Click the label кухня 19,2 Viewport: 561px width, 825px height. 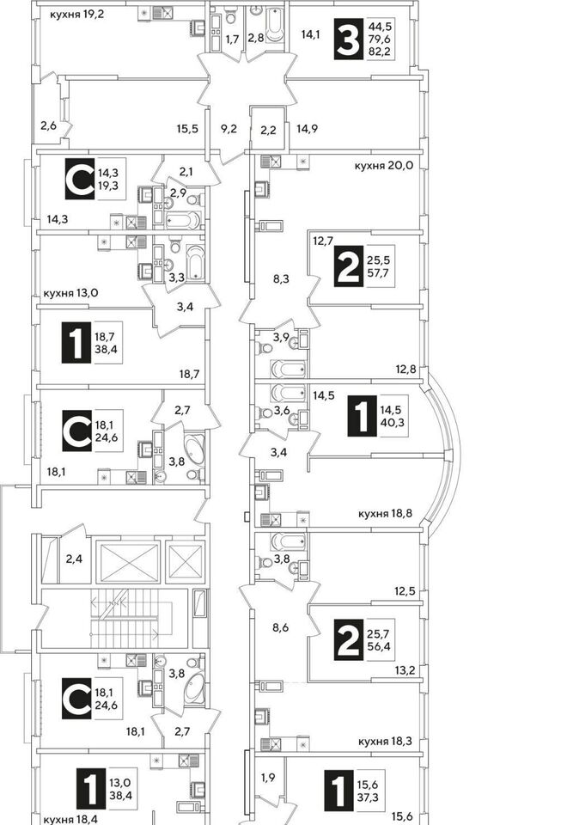click(x=76, y=15)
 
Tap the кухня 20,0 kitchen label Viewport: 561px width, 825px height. click(x=384, y=166)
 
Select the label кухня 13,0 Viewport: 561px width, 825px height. click(x=71, y=293)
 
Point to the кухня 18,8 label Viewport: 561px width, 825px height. click(x=385, y=513)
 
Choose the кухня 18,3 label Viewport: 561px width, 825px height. click(x=385, y=742)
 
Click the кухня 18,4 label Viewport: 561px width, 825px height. click(x=70, y=819)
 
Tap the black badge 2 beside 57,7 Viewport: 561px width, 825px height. click(x=349, y=266)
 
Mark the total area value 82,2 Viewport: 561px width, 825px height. click(x=380, y=52)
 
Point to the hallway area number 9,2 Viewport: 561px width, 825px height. click(x=229, y=129)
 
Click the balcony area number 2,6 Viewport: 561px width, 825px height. click(x=48, y=125)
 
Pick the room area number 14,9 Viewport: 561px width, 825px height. click(x=307, y=129)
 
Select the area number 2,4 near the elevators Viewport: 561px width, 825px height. click(x=74, y=559)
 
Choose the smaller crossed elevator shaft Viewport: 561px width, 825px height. click(x=186, y=562)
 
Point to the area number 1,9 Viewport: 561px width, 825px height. click(x=268, y=777)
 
